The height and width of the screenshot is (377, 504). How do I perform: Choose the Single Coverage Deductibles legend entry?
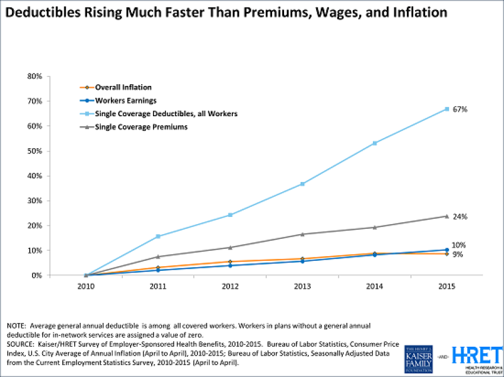click(157, 113)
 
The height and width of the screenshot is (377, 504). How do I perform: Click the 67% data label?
click(460, 109)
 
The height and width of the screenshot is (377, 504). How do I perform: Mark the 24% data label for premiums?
click(460, 216)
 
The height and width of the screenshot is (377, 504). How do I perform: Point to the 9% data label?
click(458, 254)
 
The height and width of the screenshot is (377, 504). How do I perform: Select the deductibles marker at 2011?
click(157, 237)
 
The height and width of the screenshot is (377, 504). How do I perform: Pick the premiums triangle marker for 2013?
click(302, 234)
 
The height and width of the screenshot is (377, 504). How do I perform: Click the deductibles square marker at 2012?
click(229, 215)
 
